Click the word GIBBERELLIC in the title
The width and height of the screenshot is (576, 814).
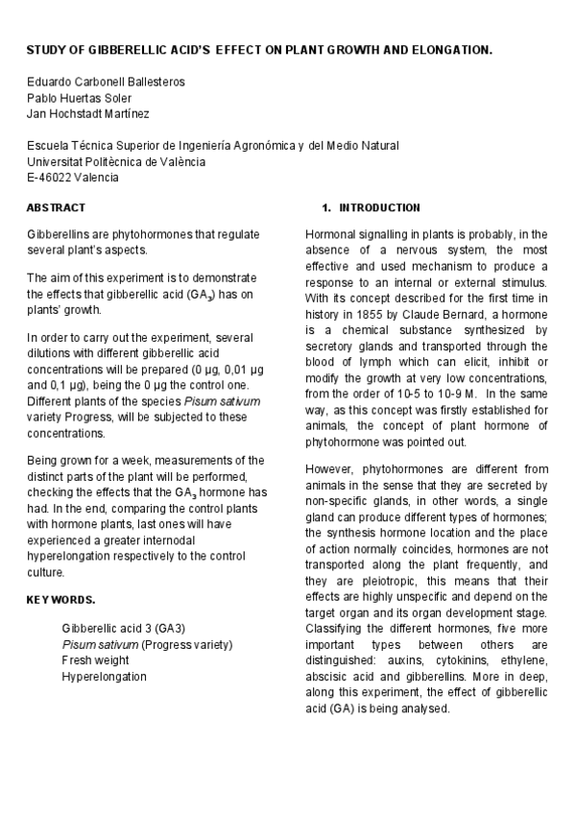pyautogui.click(x=128, y=48)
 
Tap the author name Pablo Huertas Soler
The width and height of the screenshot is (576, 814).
pyautogui.click(x=80, y=97)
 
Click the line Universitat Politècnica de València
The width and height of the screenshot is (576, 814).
pyautogui.click(x=116, y=161)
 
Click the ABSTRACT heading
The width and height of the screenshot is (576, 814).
pyautogui.click(x=56, y=207)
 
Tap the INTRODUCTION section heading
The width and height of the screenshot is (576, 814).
pyautogui.click(x=379, y=207)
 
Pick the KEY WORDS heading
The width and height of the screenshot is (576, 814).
pyautogui.click(x=60, y=600)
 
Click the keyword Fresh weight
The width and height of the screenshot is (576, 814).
pyautogui.click(x=95, y=660)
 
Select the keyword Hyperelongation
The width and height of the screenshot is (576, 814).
pyautogui.click(x=105, y=677)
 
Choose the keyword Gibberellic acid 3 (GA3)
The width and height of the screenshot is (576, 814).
pyautogui.click(x=124, y=628)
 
